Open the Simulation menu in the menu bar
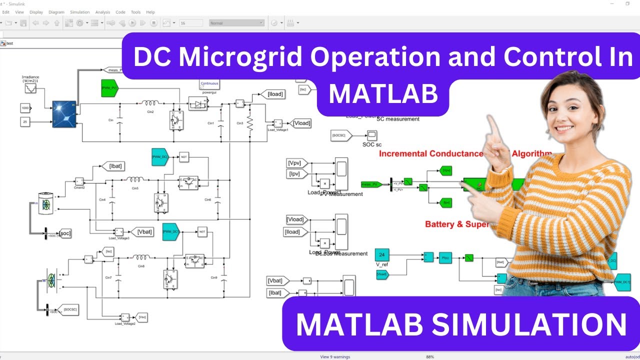79,12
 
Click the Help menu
150,12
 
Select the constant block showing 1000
25,108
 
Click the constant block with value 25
25,121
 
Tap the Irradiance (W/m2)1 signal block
30,88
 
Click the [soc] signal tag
64,233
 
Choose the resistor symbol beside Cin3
249,123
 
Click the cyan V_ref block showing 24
382,254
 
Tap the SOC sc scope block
371,135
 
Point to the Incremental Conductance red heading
430,153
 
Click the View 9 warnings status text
335,357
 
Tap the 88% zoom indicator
429,357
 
